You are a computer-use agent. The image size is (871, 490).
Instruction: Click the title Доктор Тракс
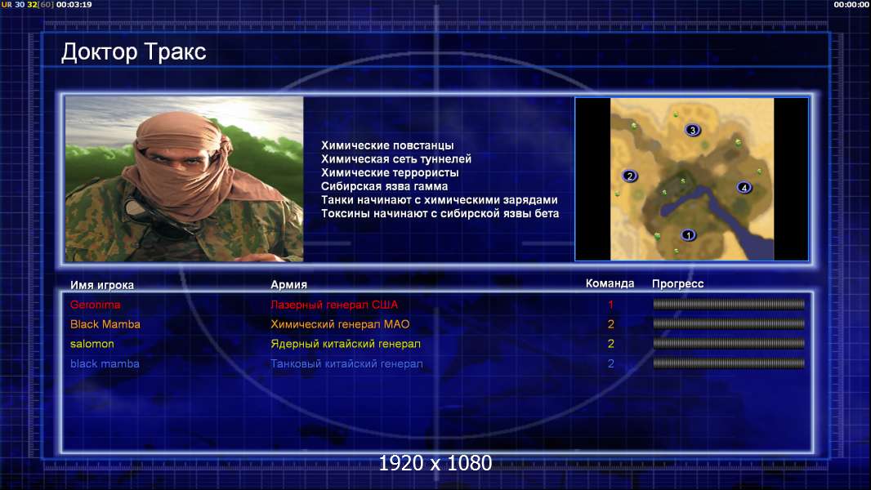point(133,52)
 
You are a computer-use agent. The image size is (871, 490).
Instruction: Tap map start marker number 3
point(692,130)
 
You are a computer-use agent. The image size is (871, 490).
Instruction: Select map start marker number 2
point(629,176)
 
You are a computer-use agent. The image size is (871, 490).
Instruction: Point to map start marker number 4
point(744,188)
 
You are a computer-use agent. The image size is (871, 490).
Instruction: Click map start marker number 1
point(688,235)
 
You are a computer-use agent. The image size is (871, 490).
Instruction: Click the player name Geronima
point(95,305)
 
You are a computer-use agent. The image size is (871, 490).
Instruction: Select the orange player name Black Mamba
point(105,324)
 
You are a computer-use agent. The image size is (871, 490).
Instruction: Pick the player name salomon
point(92,344)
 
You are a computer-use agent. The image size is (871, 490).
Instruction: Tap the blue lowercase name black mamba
point(105,364)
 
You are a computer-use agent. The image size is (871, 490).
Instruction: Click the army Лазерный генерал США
point(334,305)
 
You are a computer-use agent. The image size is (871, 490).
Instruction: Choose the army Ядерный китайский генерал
point(346,344)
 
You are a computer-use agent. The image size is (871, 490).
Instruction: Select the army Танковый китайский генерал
point(346,364)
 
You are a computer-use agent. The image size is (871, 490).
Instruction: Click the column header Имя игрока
point(101,285)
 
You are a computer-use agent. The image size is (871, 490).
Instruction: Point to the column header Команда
point(610,283)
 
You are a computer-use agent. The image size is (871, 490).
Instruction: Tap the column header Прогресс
point(677,284)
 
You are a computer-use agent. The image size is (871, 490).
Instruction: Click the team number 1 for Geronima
point(610,305)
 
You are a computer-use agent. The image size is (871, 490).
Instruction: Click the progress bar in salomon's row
point(729,344)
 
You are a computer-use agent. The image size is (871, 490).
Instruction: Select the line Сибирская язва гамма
point(384,186)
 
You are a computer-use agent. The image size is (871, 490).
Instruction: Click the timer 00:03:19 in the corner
point(74,4)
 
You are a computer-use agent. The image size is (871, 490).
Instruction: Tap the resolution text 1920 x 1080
point(435,463)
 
